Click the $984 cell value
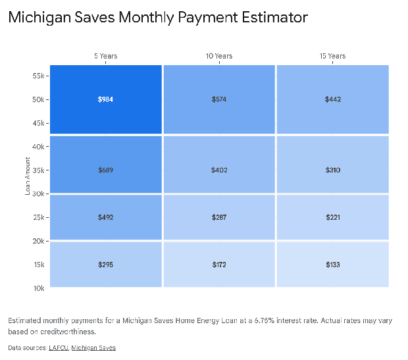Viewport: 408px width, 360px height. [x=105, y=99]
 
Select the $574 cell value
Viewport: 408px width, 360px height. [x=219, y=99]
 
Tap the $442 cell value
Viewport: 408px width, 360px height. [x=332, y=99]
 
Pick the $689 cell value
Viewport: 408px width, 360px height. [x=105, y=170]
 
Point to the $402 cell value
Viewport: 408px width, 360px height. [x=219, y=170]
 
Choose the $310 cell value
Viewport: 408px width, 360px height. [x=332, y=170]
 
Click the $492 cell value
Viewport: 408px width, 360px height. [x=105, y=217]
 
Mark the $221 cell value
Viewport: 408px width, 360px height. [x=332, y=217]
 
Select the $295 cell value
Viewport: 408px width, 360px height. [x=105, y=265]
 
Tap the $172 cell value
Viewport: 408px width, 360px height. [x=219, y=265]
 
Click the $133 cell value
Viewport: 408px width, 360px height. [x=332, y=265]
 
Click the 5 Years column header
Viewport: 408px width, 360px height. [x=105, y=56]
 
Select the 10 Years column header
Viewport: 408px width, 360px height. [x=219, y=56]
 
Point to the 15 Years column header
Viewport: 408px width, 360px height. [x=332, y=56]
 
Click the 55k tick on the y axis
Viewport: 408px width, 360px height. [x=38, y=76]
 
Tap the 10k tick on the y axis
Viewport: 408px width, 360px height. [x=38, y=288]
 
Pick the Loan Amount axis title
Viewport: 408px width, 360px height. [x=28, y=176]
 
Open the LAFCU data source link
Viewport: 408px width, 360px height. [x=58, y=347]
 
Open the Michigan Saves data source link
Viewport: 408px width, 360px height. [x=93, y=347]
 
